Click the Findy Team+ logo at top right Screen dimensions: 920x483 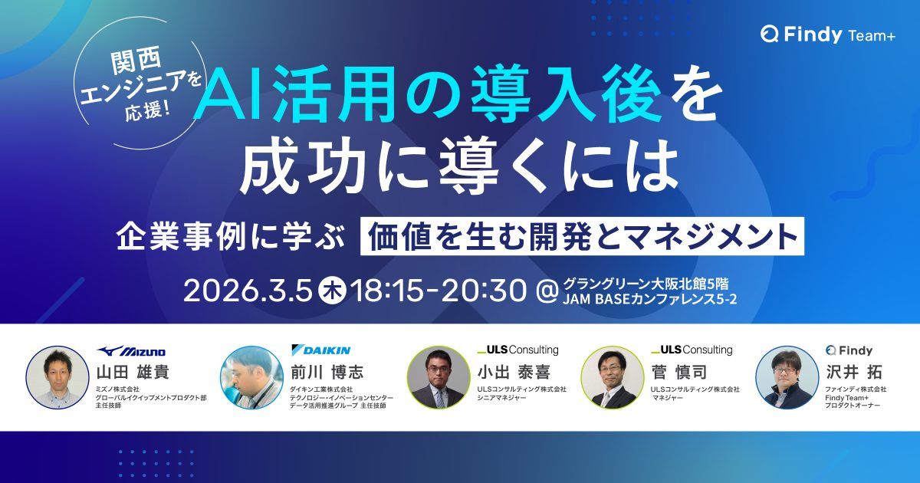[x=827, y=34]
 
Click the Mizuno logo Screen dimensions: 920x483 [x=131, y=351]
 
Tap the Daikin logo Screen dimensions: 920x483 [x=320, y=350]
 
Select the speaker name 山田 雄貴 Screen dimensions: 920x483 [x=133, y=372]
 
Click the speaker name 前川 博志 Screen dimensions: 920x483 [x=327, y=372]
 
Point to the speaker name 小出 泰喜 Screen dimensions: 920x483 [x=514, y=372]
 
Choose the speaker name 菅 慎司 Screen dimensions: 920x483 [x=679, y=372]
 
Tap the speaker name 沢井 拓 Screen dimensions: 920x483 [x=854, y=372]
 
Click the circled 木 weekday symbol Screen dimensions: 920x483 [x=332, y=291]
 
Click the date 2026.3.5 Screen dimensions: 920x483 [x=248, y=291]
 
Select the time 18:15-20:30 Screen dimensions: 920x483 [x=439, y=291]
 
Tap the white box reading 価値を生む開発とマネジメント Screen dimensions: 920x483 [x=582, y=236]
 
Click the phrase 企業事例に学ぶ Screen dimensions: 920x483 [x=230, y=237]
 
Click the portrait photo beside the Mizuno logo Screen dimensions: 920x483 [x=58, y=377]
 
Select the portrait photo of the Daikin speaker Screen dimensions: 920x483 [x=251, y=377]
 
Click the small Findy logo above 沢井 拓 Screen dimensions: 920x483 [x=849, y=350]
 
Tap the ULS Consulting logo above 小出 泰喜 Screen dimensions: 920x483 [x=518, y=350]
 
